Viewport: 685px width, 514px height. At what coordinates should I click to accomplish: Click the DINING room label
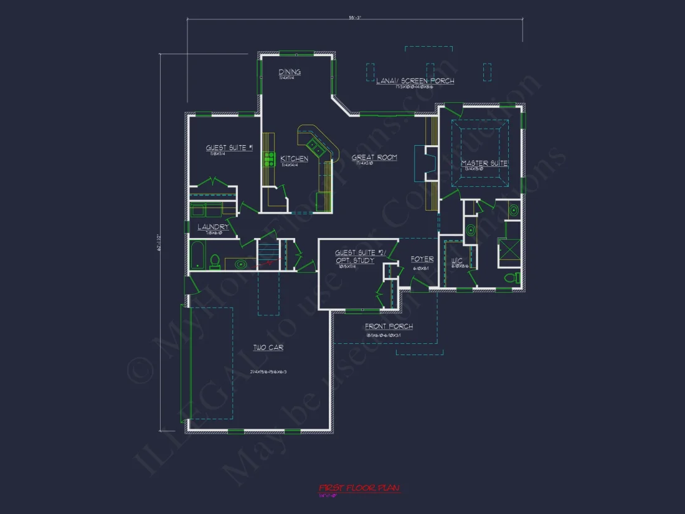290,72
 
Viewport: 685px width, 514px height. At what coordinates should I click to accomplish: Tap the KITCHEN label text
294,159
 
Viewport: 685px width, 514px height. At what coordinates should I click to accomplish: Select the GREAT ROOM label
374,158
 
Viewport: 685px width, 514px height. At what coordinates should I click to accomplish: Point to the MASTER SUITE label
484,163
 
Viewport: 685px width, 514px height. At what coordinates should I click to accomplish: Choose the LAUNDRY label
214,227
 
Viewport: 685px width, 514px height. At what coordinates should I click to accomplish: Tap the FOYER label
422,259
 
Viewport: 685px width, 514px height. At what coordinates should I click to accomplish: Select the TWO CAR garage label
268,348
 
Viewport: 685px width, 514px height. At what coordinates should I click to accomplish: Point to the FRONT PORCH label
389,326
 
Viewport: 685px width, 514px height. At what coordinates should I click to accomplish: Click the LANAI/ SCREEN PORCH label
415,81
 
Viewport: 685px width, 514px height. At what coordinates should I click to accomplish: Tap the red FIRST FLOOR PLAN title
359,488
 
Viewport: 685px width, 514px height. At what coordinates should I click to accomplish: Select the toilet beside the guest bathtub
214,261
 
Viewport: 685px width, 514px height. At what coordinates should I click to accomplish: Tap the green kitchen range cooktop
270,160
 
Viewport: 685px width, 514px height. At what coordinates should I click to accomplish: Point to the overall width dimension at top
355,17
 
